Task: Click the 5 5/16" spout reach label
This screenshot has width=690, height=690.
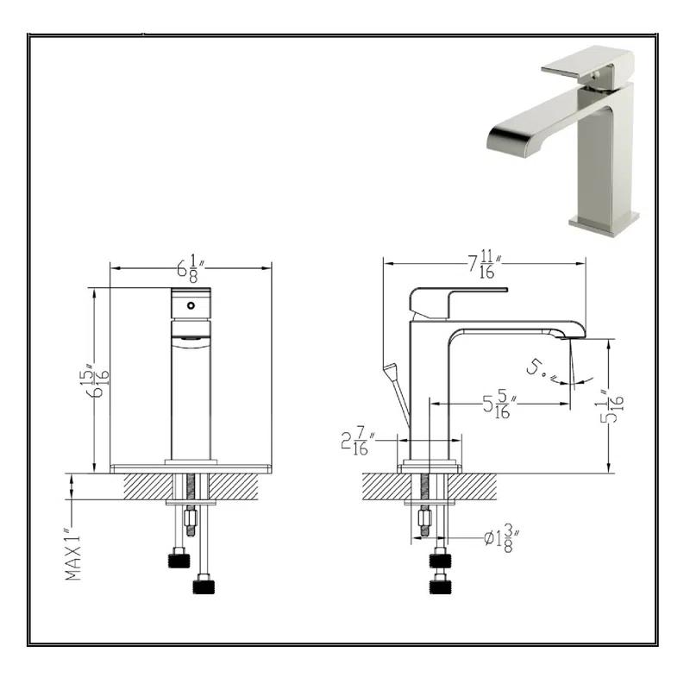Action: (x=500, y=404)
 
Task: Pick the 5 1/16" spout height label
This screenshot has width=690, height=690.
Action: (x=614, y=403)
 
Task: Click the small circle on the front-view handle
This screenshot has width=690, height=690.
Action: (x=191, y=306)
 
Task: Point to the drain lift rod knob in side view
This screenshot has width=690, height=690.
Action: (x=391, y=373)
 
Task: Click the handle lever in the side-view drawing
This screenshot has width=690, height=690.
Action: (x=457, y=298)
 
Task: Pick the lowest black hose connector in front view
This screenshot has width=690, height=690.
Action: (x=203, y=586)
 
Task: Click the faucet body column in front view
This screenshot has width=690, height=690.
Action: (x=191, y=397)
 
